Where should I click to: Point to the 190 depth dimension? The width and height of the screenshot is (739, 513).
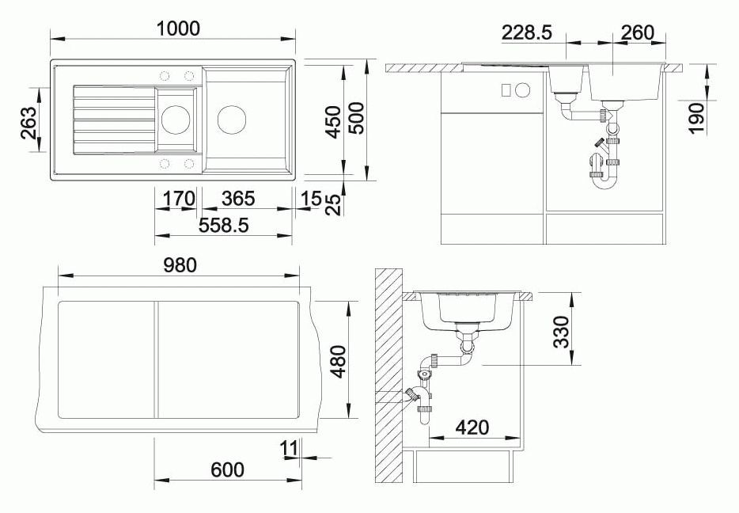click(696, 117)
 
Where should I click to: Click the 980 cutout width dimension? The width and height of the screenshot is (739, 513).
click(180, 265)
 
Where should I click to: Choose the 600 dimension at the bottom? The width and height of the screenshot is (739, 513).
click(227, 469)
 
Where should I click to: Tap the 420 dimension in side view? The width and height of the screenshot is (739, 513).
click(472, 427)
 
